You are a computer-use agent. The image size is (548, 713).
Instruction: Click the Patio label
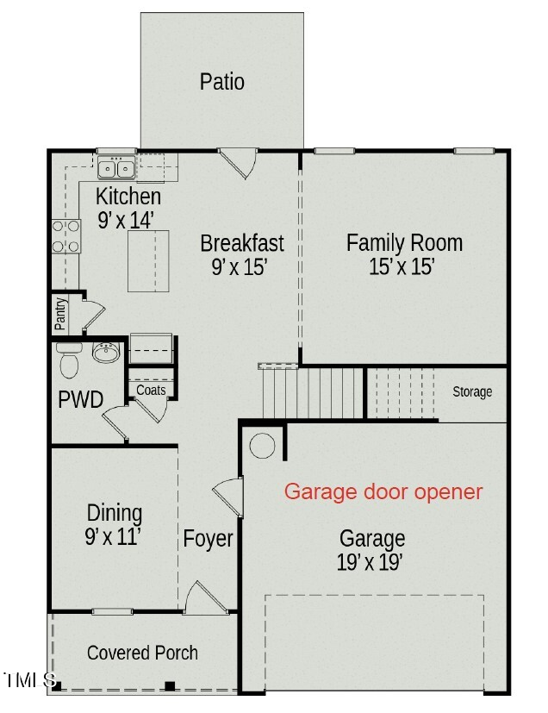click(x=222, y=82)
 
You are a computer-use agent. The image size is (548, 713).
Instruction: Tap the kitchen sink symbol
click(x=115, y=168)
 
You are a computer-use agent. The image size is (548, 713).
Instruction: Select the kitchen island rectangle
click(x=146, y=260)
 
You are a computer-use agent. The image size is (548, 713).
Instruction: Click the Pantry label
click(x=60, y=315)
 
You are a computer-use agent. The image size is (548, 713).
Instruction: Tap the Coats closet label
click(x=151, y=391)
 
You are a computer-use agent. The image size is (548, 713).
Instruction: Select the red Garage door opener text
click(x=383, y=492)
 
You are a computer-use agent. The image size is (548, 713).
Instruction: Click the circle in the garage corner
click(x=262, y=446)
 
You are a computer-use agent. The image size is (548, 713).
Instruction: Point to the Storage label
click(x=472, y=392)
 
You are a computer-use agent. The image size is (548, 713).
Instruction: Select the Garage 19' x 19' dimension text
click(x=371, y=563)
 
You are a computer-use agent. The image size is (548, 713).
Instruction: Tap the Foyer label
click(x=208, y=540)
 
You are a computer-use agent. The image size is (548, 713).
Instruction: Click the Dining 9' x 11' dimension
click(x=113, y=537)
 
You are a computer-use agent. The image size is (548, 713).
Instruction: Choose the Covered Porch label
click(x=142, y=653)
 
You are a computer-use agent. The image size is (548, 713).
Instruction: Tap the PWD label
click(x=81, y=400)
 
